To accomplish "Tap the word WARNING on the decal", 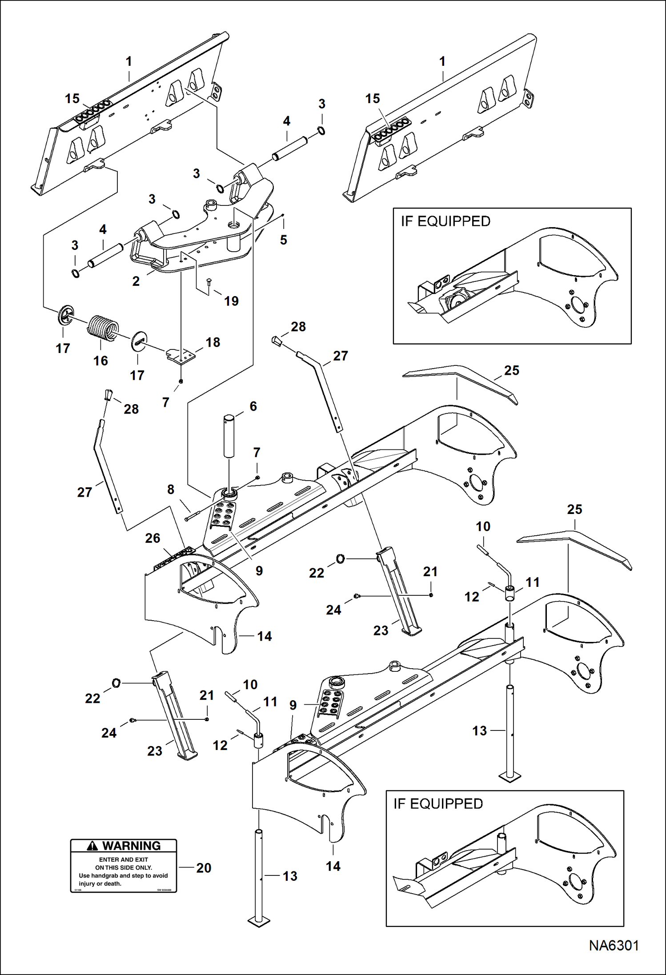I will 131,846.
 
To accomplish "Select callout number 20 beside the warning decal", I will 204,867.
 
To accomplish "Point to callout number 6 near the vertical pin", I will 253,406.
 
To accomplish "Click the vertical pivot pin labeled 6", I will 229,436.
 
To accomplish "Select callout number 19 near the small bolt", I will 231,301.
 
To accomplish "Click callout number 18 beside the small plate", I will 213,342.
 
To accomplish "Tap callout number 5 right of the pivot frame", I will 283,240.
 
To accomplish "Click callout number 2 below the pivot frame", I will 136,281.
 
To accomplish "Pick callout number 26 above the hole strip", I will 152,538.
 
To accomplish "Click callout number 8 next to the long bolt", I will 171,490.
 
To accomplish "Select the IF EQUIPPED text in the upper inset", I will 445,221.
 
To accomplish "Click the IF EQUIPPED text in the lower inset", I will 438,803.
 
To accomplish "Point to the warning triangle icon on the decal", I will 92,846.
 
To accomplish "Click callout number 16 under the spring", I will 100,361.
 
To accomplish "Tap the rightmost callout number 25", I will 574,510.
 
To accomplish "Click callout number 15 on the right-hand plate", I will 373,99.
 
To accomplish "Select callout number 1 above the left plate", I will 129,61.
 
